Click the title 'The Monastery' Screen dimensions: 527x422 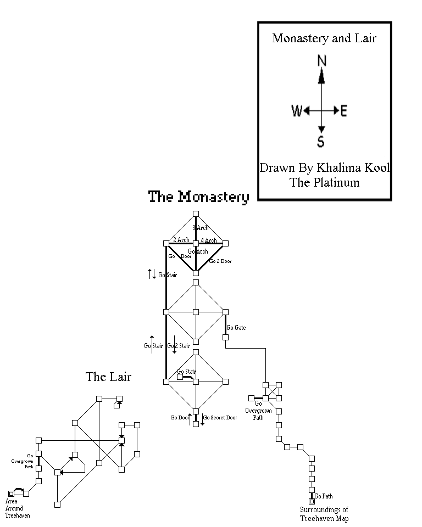tap(199, 197)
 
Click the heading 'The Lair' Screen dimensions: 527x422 tap(108, 377)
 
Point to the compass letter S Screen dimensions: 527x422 tap(321, 143)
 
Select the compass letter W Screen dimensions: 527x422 tap(297, 111)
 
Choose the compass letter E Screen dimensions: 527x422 tap(344, 111)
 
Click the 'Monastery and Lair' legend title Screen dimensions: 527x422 tap(324, 38)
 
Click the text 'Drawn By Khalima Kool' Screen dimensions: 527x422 tap(324, 168)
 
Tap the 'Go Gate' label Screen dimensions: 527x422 tap(236, 328)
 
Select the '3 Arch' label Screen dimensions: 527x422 tap(201, 228)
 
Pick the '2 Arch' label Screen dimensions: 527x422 tap(181, 240)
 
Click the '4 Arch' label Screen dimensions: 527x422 tap(208, 240)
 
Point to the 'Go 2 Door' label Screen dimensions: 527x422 tap(221, 261)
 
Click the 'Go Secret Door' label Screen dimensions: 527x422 tap(220, 418)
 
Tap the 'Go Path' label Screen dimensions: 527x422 tap(324, 496)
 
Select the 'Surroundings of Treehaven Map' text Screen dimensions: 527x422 tap(324, 514)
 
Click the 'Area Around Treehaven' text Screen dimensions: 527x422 tap(18, 508)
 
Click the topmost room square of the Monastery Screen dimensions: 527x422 tap(196, 214)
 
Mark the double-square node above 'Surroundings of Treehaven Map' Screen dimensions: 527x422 tap(312, 501)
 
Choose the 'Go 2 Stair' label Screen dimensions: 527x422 tap(179, 346)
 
